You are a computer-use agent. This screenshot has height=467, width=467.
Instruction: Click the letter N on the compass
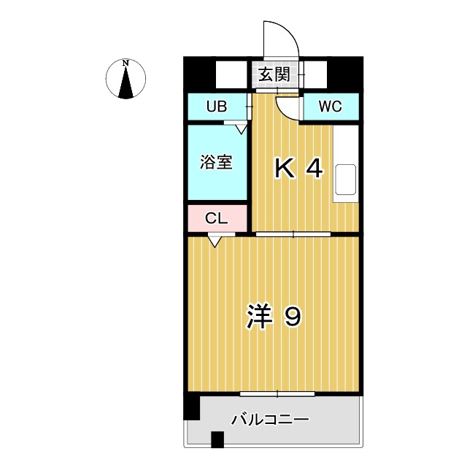point(126,63)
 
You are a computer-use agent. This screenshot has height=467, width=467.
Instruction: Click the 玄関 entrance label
point(274,74)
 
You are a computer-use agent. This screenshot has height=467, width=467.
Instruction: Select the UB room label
point(217,107)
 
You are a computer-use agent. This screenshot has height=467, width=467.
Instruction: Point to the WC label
point(331,107)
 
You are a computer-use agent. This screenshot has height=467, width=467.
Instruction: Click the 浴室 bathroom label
point(216,162)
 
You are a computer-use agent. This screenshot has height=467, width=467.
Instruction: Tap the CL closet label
point(217,218)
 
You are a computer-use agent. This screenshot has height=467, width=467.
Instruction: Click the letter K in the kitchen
point(285,169)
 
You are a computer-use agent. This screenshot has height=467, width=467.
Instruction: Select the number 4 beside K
point(314,169)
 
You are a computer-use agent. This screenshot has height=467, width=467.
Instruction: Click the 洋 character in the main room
point(259,316)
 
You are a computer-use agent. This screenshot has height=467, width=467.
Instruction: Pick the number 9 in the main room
point(293,316)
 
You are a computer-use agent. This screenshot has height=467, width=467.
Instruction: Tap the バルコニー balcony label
point(271,420)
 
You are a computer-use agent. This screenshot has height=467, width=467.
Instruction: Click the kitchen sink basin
point(346,180)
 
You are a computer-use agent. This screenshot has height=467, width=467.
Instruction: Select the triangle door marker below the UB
point(241,129)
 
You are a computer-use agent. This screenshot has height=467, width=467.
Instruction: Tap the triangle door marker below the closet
point(215,242)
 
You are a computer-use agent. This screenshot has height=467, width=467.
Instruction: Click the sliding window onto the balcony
point(277,394)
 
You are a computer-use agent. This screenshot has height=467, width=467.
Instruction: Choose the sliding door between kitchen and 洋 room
point(293,234)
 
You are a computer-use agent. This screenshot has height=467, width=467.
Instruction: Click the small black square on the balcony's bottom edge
point(217,439)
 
